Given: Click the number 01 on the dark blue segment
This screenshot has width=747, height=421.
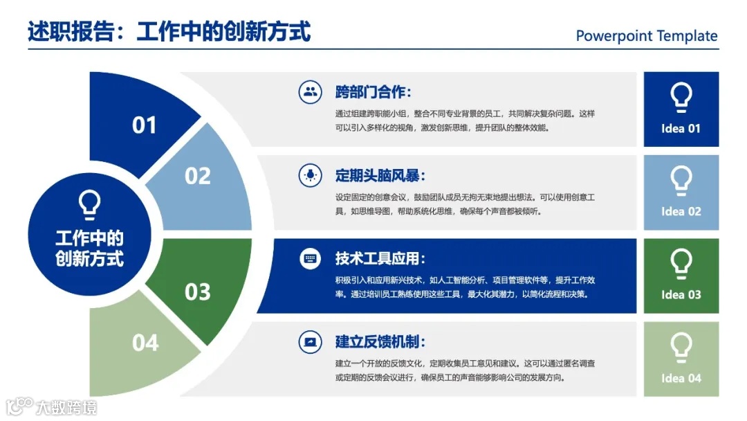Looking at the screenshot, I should [145, 125].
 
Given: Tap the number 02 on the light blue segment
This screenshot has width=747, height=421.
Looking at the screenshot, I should [197, 176].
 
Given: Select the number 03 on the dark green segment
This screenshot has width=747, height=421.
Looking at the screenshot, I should [197, 292].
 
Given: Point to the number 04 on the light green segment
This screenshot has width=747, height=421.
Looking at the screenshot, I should [145, 343].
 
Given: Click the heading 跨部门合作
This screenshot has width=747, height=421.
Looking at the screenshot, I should [373, 92].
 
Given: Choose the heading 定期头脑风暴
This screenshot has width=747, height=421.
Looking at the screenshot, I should [380, 175].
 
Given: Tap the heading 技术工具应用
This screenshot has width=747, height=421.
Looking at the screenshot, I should [380, 259].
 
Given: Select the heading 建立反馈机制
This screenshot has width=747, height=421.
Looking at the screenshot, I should [380, 342].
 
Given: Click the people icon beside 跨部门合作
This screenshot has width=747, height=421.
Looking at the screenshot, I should [310, 91].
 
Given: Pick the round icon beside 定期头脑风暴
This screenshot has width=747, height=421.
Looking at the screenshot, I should [310, 174].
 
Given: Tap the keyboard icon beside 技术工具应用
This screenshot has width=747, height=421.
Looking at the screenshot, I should [310, 258].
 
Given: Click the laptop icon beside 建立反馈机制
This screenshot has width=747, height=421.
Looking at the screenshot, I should [310, 341].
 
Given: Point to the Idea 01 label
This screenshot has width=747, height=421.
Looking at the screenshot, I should [681, 129].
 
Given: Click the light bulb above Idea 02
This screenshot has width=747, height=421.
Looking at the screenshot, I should [681, 181].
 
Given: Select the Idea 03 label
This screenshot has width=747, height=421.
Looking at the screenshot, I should [681, 295].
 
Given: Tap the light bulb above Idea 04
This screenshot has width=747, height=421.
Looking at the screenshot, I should [681, 347].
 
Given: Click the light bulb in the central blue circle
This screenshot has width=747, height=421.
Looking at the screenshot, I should [89, 205].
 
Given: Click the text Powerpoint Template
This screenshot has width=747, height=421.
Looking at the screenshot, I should [647, 36].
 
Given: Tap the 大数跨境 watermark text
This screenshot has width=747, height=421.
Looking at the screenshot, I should [66, 406].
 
